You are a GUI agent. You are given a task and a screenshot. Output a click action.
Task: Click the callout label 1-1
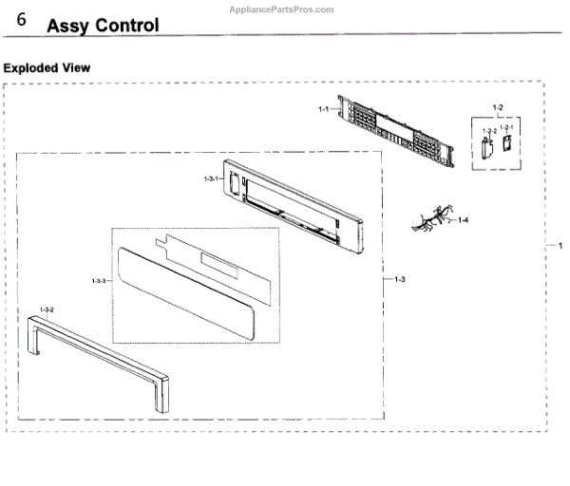click(323, 110)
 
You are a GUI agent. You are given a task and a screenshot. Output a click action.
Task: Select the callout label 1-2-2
click(488, 130)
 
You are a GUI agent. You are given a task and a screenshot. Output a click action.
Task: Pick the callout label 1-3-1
click(211, 178)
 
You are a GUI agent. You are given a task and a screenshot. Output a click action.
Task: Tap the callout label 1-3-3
click(99, 281)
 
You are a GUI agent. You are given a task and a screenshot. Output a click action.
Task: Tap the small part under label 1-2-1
click(507, 142)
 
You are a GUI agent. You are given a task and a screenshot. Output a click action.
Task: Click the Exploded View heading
click(47, 67)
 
